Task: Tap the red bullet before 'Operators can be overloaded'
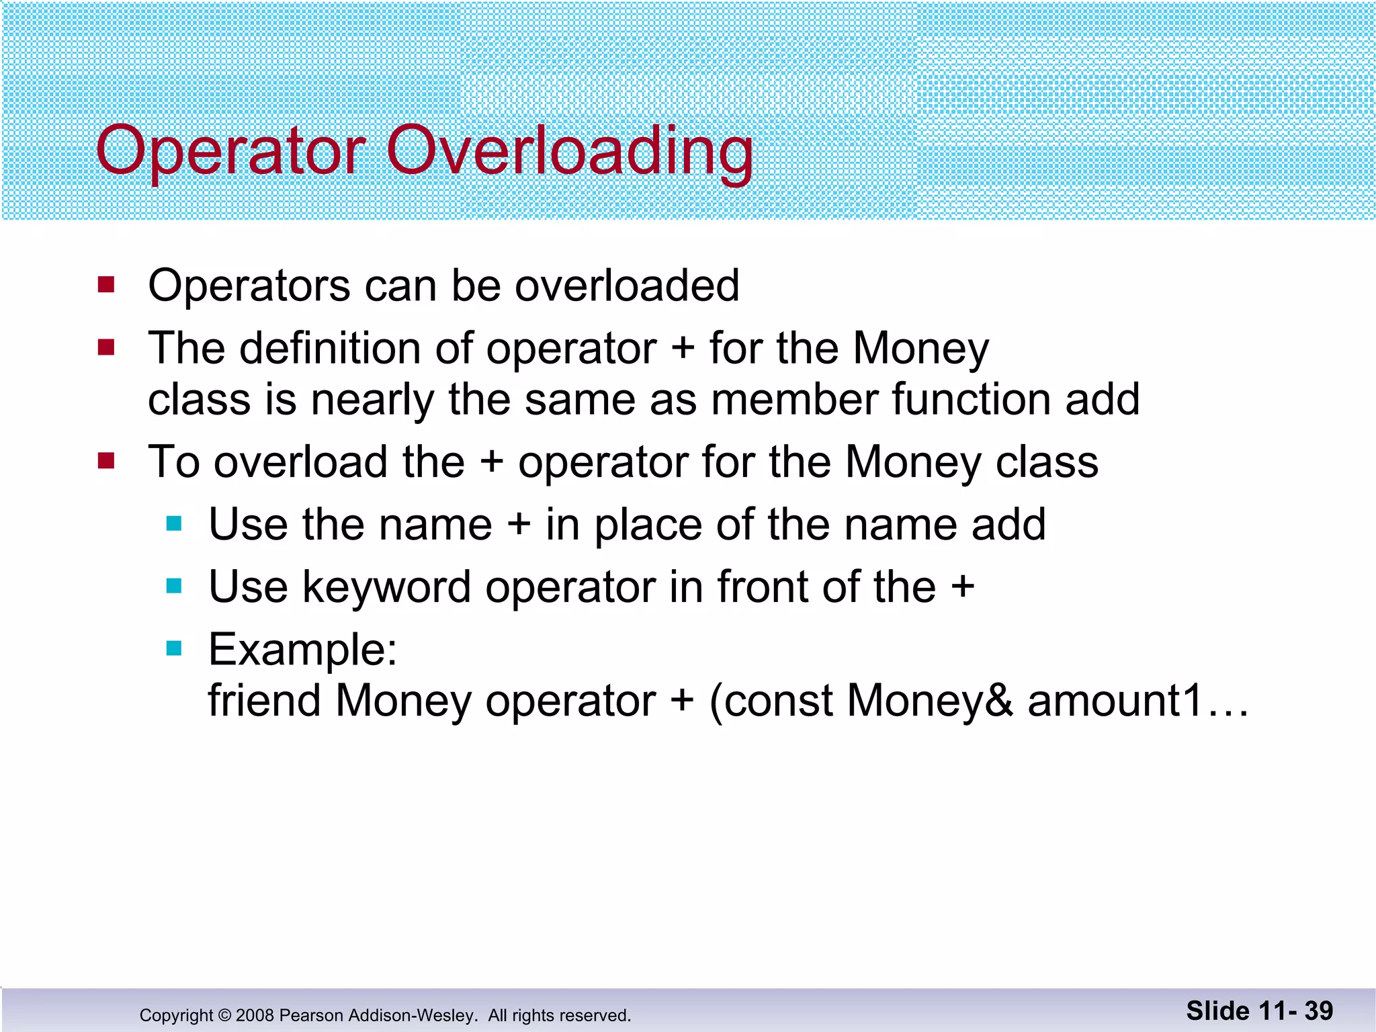[106, 284]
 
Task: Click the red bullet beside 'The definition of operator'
[106, 347]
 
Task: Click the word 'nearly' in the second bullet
[373, 400]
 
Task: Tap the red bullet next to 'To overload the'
[106, 461]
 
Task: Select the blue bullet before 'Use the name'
[175, 523]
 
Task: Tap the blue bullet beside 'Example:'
[175, 648]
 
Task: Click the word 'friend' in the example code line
[264, 701]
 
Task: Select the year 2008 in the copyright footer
[255, 1015]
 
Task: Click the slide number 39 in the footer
[1318, 1010]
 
